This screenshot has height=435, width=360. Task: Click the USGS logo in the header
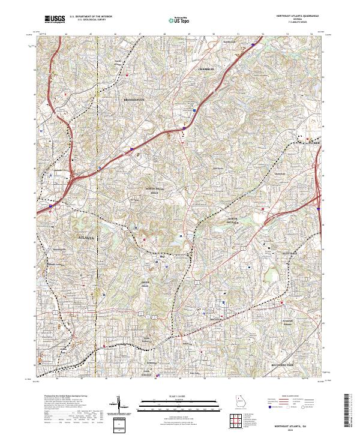point(55,19)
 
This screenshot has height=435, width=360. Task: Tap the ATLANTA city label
point(88,238)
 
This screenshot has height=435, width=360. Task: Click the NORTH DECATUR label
point(233,220)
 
